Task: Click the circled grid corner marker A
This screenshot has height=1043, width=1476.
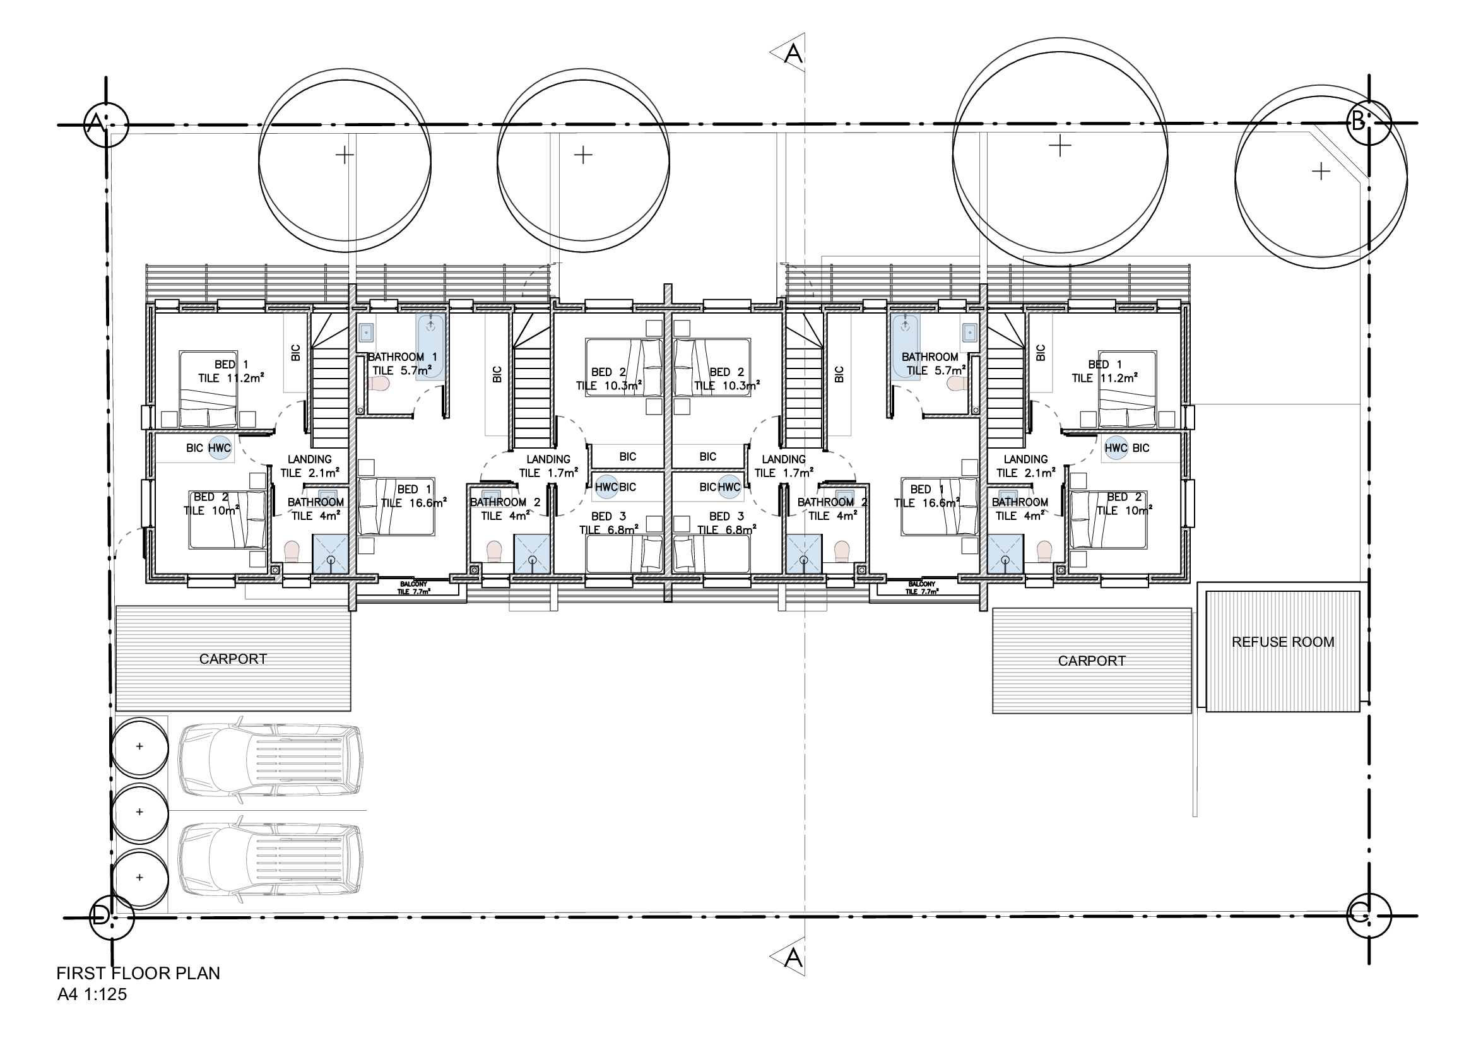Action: pos(107,124)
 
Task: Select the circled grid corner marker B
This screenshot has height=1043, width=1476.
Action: pos(1369,122)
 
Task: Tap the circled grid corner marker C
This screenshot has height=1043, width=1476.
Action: pos(1369,916)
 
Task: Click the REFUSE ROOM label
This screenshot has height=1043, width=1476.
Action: pos(1282,642)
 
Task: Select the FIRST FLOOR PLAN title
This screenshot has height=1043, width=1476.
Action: pos(138,974)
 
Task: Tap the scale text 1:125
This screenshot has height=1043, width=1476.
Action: pos(105,995)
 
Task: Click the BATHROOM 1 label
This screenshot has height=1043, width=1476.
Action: pos(403,357)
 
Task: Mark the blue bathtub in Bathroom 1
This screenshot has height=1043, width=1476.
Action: pos(430,347)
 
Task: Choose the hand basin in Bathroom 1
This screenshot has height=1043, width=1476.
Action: pos(366,332)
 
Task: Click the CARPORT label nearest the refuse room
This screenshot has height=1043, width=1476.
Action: pos(1092,661)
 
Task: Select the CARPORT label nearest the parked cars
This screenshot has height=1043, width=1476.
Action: pos(233,659)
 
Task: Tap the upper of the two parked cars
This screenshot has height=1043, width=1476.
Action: pos(270,764)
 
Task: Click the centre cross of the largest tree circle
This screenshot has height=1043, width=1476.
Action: pos(1060,146)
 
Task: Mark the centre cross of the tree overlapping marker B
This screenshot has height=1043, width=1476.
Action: pos(1320,171)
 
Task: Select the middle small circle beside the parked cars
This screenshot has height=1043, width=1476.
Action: pos(140,812)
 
